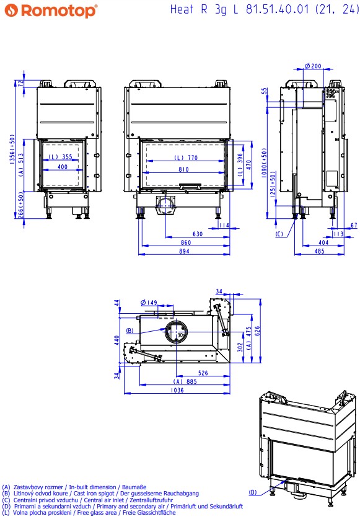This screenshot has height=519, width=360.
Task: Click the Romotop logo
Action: tap(51, 11)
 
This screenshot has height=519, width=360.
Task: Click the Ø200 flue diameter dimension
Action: tap(313, 66)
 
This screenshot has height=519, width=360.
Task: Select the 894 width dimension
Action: tap(184, 251)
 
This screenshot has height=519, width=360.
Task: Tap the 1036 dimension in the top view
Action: tap(177, 390)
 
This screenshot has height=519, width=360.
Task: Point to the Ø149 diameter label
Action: tap(149, 302)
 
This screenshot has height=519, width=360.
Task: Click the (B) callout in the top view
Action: tap(130, 330)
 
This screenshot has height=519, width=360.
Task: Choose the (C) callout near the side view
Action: tap(279, 234)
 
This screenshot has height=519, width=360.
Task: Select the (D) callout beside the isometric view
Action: tap(253, 492)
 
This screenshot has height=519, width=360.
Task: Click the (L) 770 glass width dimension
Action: tap(186, 157)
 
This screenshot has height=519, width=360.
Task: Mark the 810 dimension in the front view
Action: tap(183, 169)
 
